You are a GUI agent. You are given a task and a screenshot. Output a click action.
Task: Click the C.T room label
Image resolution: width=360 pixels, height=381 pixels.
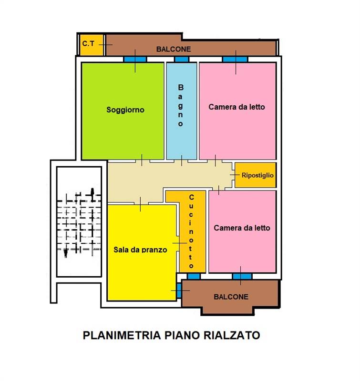(88, 43)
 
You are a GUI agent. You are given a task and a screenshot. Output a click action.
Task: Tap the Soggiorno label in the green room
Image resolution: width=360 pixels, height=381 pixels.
(125, 110)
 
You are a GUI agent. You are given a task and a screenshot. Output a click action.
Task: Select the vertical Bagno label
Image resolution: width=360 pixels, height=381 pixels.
(181, 105)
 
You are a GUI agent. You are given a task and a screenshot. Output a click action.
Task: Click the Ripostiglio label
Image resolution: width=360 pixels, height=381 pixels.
(258, 175)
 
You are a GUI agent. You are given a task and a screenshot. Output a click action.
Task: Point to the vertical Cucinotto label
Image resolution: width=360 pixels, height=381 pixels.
(191, 231)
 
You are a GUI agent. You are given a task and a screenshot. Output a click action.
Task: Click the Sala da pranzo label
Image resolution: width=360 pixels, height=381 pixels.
(140, 249)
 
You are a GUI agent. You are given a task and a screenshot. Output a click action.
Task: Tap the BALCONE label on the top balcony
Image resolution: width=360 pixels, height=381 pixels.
(174, 49)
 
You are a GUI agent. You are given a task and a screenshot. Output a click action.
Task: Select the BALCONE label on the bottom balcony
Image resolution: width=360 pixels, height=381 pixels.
(231, 297)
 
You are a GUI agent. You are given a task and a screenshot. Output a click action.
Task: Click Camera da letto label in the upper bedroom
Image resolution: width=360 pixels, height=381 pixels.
(237, 107)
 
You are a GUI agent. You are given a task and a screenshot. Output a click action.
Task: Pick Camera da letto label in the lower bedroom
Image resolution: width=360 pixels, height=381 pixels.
(242, 228)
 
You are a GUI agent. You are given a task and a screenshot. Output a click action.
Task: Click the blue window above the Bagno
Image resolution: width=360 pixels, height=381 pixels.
(181, 60)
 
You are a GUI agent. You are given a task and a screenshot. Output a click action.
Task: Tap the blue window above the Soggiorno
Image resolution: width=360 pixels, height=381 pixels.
(135, 60)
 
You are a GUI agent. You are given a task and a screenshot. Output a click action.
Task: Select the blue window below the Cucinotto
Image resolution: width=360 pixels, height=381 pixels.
(194, 276)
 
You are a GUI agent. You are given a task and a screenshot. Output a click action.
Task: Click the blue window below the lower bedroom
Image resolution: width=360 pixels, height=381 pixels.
(242, 276)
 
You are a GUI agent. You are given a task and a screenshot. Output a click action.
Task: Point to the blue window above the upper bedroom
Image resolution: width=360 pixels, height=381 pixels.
(235, 60)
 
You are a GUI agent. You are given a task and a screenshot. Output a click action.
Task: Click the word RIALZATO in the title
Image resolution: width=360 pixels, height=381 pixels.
(233, 335)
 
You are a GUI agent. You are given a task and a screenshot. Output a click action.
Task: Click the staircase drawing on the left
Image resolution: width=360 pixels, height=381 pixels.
(79, 221)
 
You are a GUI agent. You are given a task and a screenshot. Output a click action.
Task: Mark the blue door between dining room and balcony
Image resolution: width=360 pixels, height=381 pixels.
(179, 290)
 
